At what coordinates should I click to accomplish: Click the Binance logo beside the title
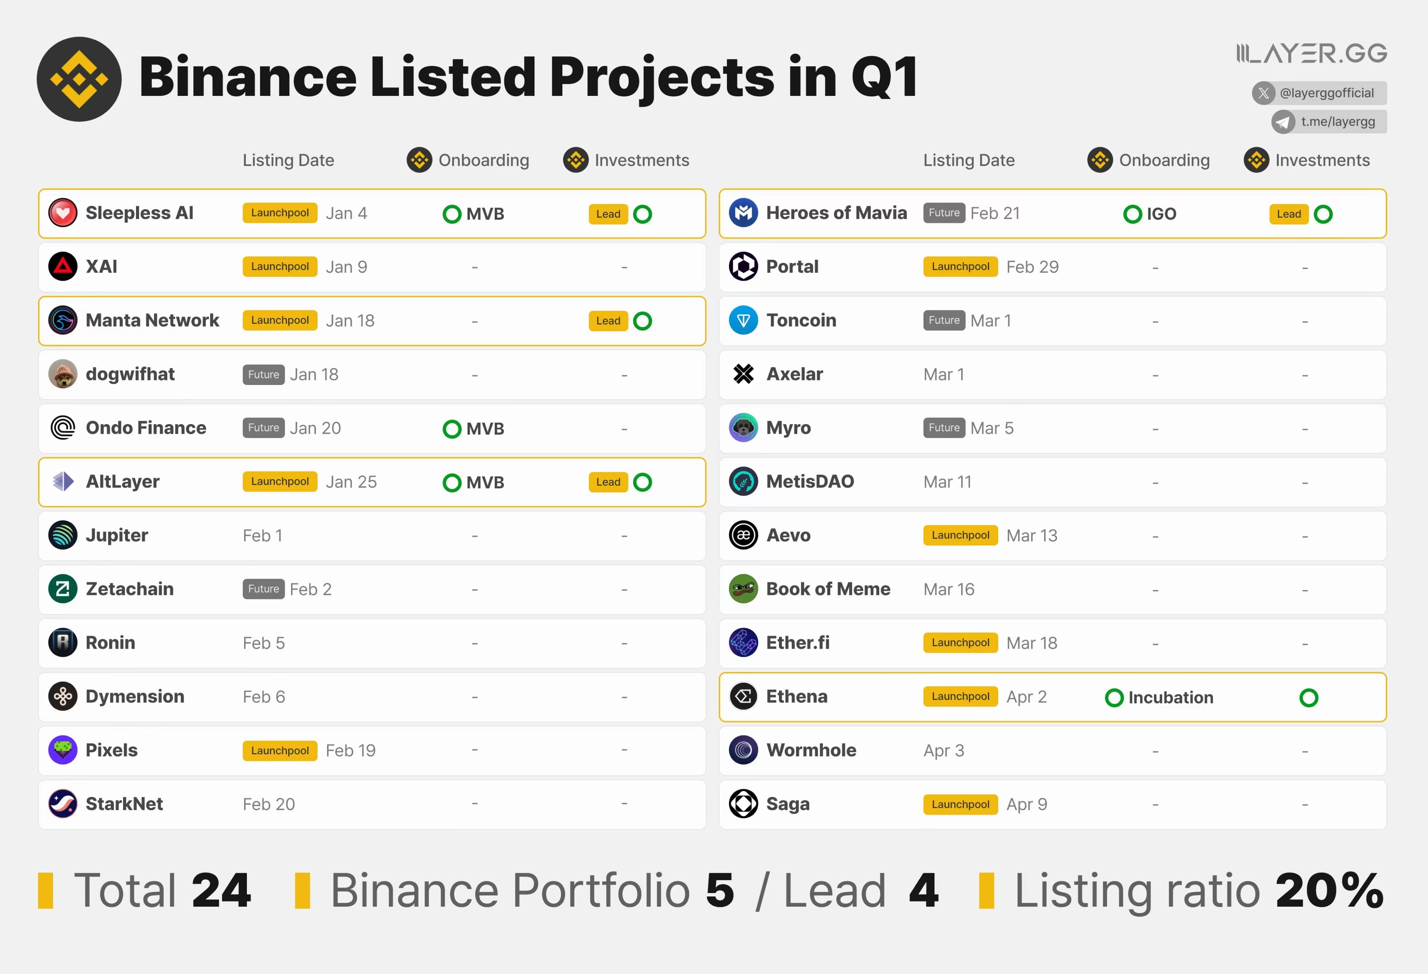click(79, 79)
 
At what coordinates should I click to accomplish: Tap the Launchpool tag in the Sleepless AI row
click(280, 213)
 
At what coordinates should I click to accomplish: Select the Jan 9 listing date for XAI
click(346, 267)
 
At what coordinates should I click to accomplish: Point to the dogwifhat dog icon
click(63, 373)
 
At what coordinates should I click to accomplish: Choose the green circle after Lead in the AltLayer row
click(642, 482)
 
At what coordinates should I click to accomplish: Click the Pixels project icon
click(63, 750)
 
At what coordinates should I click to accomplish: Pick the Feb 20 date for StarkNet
click(268, 804)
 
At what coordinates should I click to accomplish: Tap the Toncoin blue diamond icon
click(743, 320)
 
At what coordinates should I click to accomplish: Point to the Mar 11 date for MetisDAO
click(947, 482)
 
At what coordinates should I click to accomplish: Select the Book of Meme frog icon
click(743, 589)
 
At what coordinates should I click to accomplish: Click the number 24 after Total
click(221, 890)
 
